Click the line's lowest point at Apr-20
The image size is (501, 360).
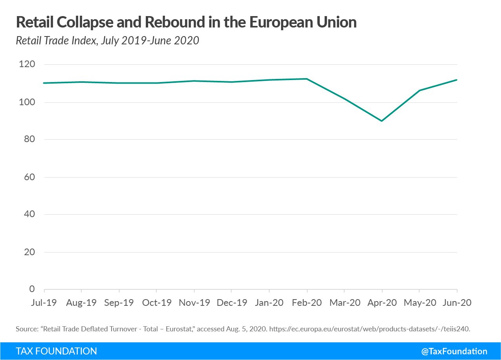click(382, 121)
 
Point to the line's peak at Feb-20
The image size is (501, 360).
click(306, 79)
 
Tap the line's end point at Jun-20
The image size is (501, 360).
click(457, 80)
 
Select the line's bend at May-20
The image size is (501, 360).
click(419, 91)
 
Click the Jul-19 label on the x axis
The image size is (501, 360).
click(44, 303)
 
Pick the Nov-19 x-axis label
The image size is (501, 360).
click(194, 303)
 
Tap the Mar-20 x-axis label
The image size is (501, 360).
click(344, 303)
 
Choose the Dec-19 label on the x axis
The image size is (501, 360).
click(231, 303)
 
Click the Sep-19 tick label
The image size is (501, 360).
click(119, 303)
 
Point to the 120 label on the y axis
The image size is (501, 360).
click(27, 64)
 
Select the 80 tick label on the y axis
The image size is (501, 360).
click(29, 139)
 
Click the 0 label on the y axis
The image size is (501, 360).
click(32, 289)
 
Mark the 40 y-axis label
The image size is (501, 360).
click(29, 214)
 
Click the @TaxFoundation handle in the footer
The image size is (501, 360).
click(454, 351)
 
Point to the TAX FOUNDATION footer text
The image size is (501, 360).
click(56, 351)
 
